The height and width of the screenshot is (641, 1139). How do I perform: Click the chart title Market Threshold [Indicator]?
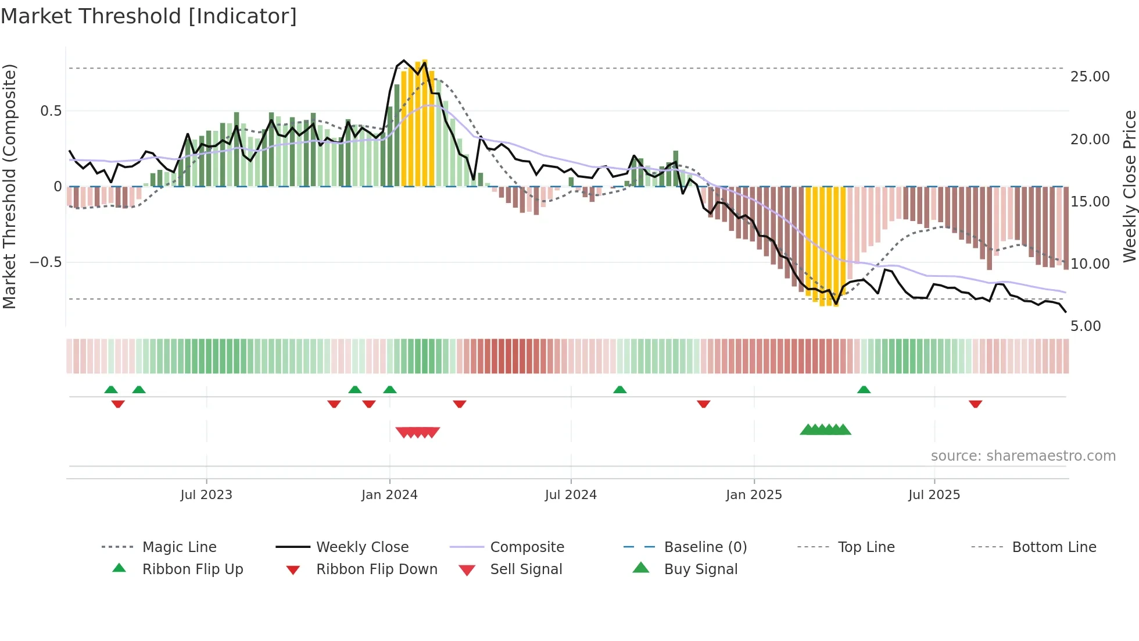click(x=149, y=16)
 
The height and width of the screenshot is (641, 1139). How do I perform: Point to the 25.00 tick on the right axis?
click(x=1090, y=77)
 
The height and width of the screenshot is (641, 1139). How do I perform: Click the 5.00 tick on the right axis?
click(x=1086, y=326)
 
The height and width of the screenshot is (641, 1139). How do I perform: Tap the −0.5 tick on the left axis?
click(x=46, y=262)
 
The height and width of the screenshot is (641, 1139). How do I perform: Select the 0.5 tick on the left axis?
click(x=51, y=111)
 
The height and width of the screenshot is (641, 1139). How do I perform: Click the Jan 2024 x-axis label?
click(x=389, y=495)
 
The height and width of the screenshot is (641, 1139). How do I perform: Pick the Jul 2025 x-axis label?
click(x=934, y=495)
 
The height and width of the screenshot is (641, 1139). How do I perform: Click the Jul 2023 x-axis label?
click(x=206, y=495)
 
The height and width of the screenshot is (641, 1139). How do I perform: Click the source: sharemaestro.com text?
click(x=1023, y=456)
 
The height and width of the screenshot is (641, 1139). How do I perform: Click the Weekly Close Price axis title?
click(x=1129, y=186)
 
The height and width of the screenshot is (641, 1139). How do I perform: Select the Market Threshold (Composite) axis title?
click(x=9, y=186)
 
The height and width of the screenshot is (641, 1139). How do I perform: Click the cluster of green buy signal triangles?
click(x=825, y=430)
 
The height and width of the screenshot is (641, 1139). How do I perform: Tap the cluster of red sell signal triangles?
click(x=417, y=432)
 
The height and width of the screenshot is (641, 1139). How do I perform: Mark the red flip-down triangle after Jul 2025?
click(x=975, y=404)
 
